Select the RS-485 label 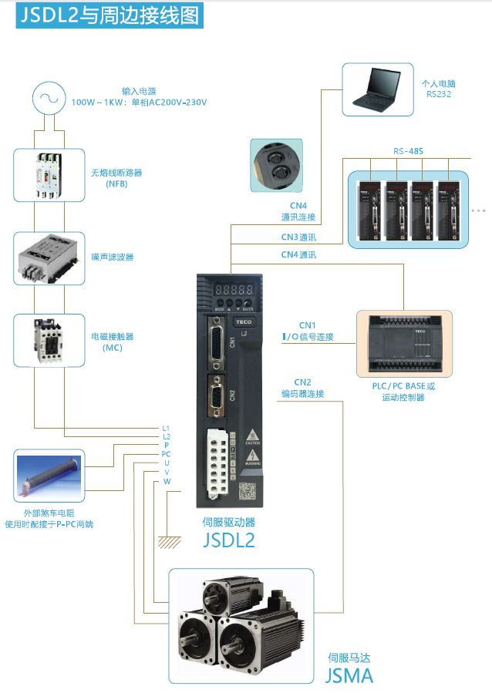click(x=408, y=151)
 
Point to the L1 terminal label click(x=166, y=428)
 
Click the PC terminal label click(x=166, y=454)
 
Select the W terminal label click(x=167, y=481)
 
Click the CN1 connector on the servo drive click(x=216, y=341)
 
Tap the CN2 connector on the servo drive click(x=217, y=396)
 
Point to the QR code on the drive click(x=246, y=490)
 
